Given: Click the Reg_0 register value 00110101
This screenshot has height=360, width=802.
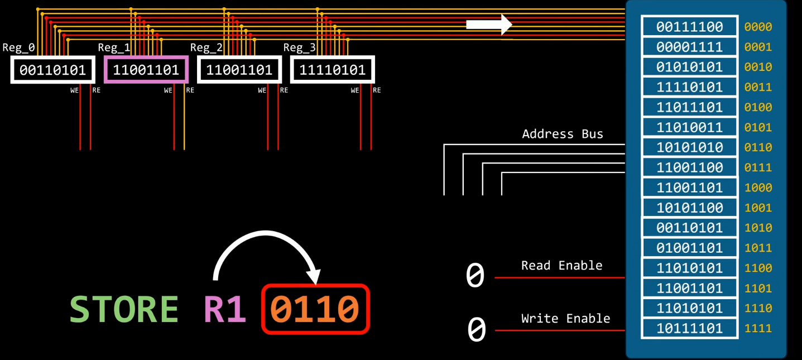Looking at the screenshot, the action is pyautogui.click(x=52, y=70).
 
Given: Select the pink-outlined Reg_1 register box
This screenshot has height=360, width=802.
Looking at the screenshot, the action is pyautogui.click(x=146, y=56).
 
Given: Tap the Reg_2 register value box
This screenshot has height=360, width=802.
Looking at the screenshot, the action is pyautogui.click(x=239, y=70).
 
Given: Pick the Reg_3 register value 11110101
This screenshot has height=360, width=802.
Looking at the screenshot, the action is pyautogui.click(x=332, y=70).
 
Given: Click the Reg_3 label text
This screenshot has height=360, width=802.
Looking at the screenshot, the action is pyautogui.click(x=299, y=47).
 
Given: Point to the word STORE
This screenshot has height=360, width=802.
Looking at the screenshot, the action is pyautogui.click(x=124, y=309).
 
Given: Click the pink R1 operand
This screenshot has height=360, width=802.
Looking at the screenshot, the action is pyautogui.click(x=225, y=309).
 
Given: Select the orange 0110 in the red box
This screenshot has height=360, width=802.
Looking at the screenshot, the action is pyautogui.click(x=314, y=309).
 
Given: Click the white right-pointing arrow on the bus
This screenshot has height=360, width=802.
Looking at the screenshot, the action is pyautogui.click(x=489, y=25).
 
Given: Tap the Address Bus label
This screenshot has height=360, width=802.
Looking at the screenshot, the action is pyautogui.click(x=563, y=134).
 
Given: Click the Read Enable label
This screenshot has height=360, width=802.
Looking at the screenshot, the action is pyautogui.click(x=562, y=266).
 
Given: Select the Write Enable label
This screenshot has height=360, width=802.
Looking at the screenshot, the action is pyautogui.click(x=566, y=319).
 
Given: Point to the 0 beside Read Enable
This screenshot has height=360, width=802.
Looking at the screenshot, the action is pyautogui.click(x=475, y=275).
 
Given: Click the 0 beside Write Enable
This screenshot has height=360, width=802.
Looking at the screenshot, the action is pyautogui.click(x=477, y=329).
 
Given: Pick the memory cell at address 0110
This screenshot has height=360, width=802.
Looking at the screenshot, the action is pyautogui.click(x=690, y=147).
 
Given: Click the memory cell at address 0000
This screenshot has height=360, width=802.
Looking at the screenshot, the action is pyautogui.click(x=690, y=27).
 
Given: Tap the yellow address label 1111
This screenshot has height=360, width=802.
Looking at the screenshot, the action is pyautogui.click(x=758, y=329).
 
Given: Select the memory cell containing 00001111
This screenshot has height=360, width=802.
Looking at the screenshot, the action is pyautogui.click(x=690, y=47).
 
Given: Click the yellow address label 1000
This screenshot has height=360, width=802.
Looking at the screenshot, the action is pyautogui.click(x=758, y=188).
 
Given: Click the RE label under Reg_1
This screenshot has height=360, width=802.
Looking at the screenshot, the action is pyautogui.click(x=190, y=90).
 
